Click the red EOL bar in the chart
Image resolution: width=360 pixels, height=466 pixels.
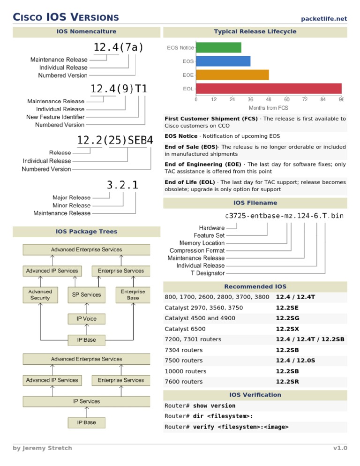[269, 89]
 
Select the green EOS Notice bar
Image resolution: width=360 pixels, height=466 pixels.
[218, 47]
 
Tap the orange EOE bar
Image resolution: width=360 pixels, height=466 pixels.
[232, 75]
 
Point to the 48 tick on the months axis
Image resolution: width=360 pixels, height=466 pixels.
[269, 99]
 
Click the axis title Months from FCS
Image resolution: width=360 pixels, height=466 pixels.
[269, 108]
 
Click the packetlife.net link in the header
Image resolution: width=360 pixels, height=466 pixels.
[324, 19]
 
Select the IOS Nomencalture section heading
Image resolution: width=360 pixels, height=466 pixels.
[86, 32]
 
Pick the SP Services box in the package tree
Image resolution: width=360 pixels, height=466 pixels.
[86, 294]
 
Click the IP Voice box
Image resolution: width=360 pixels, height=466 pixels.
[86, 319]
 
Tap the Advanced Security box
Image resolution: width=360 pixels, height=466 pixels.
[40, 294]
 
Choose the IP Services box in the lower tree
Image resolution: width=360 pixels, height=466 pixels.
[86, 401]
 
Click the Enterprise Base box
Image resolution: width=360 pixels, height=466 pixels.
[133, 294]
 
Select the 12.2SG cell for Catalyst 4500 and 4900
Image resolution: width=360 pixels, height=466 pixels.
[287, 318]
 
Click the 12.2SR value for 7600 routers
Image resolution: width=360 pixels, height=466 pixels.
[287, 382]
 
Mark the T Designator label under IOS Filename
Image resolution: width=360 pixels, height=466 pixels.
[207, 273]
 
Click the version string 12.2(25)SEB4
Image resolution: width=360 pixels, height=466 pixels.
[115, 140]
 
